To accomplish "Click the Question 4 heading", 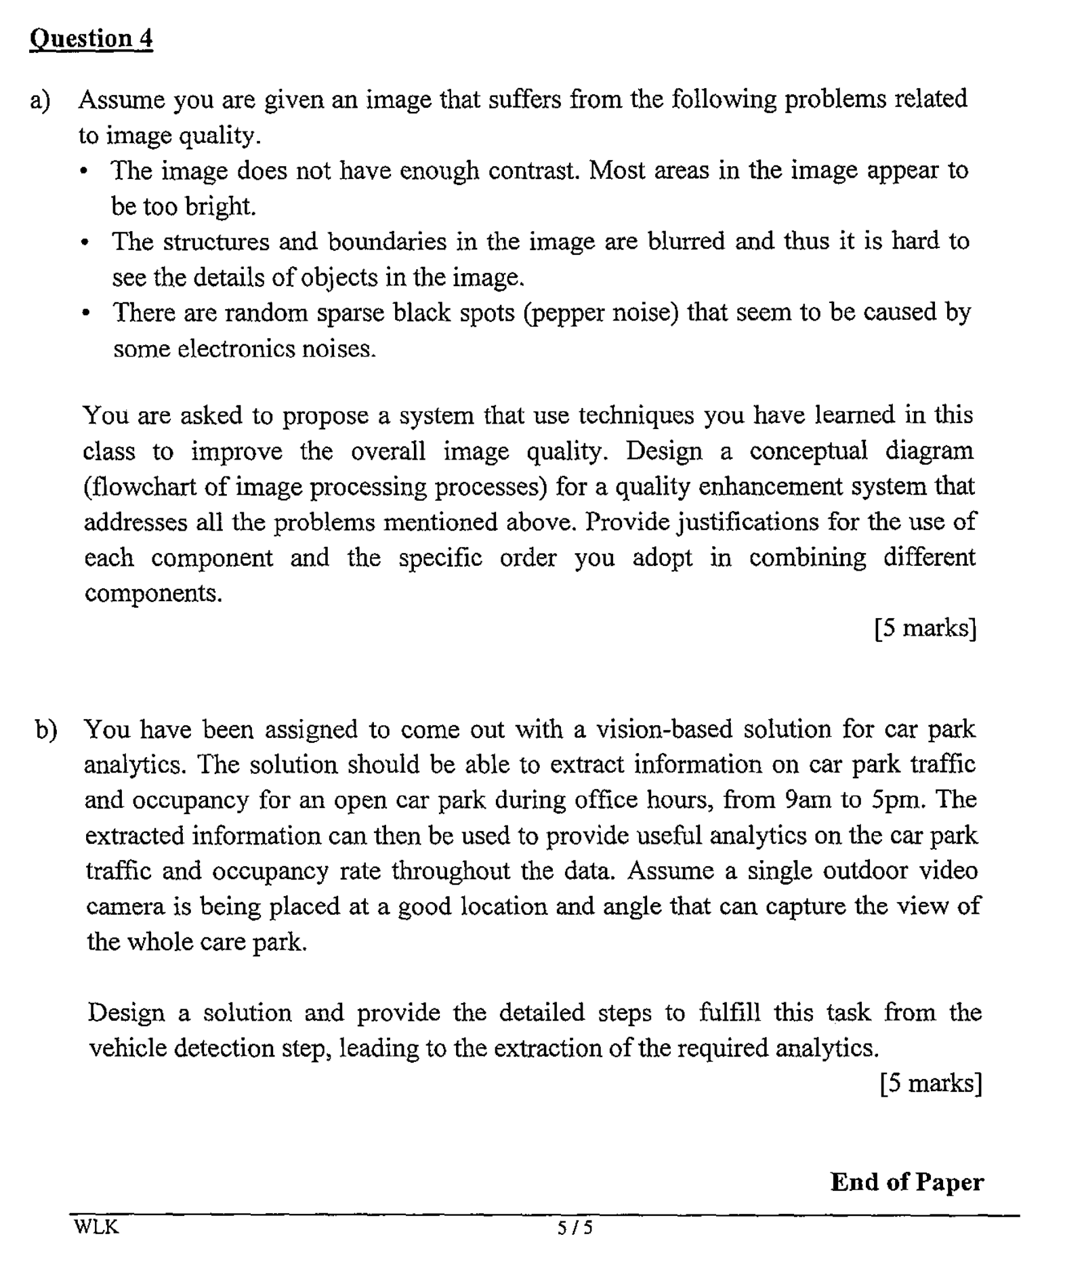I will click(x=91, y=38).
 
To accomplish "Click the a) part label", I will click(x=41, y=100).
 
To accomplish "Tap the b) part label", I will click(x=47, y=730).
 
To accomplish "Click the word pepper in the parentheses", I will click(x=566, y=313).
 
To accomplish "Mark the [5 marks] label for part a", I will click(x=925, y=628).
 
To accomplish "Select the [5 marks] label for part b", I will click(x=930, y=1083).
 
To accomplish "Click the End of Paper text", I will click(x=906, y=1182).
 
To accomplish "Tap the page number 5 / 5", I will click(x=574, y=1227).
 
